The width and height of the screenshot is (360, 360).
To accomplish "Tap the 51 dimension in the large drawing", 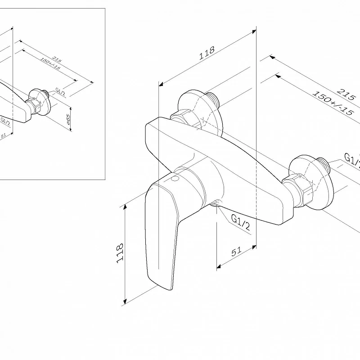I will [237, 252].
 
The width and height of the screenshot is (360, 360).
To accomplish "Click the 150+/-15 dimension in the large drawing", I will [333, 103].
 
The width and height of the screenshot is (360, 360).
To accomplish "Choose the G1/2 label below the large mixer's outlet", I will [240, 222].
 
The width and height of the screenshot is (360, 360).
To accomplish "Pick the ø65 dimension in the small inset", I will [68, 119].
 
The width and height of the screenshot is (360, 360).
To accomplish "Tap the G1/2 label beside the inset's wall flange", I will [61, 92].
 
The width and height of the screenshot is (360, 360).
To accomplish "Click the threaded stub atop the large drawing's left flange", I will [212, 96].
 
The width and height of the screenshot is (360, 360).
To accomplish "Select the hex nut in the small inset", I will [32, 106].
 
